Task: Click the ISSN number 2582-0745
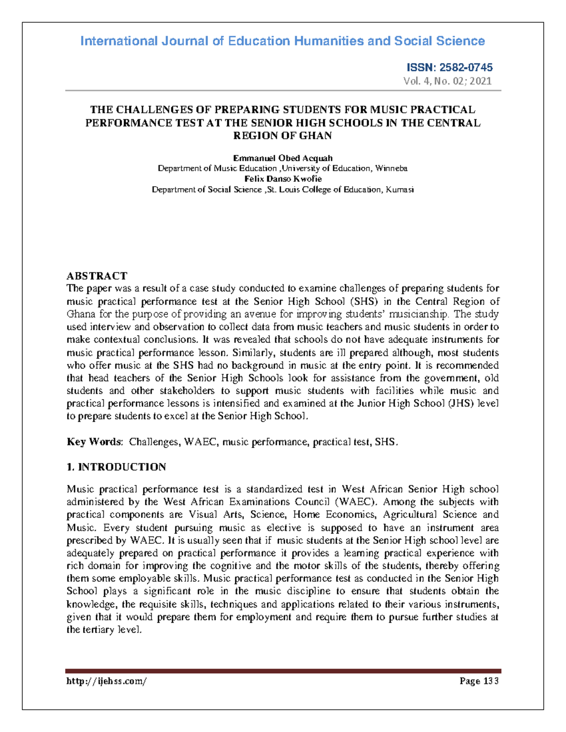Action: [466, 67]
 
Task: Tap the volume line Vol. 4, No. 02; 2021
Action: [447, 81]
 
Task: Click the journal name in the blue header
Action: [283, 41]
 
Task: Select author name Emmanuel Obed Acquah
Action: [283, 158]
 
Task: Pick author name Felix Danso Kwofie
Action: [283, 179]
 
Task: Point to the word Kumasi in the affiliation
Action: [400, 189]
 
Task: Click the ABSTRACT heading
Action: [97, 276]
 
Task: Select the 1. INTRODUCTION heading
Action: [116, 467]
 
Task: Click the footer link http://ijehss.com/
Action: [107, 681]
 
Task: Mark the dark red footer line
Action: [283, 671]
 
